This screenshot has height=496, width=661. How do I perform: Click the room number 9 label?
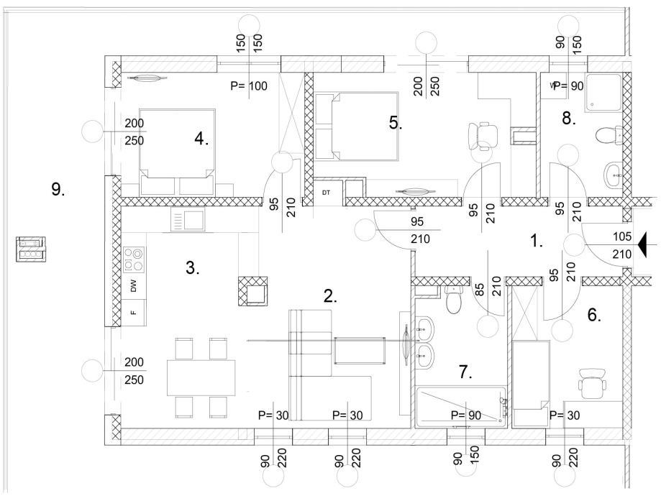click(x=58, y=190)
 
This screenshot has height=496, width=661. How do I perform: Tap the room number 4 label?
click(x=201, y=139)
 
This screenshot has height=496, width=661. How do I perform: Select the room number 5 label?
click(x=396, y=122)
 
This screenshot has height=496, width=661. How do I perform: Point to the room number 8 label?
click(x=569, y=119)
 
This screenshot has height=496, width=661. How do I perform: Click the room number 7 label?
click(x=465, y=372)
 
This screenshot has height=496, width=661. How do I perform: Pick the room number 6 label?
click(x=594, y=314)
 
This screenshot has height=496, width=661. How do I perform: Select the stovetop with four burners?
click(x=134, y=259)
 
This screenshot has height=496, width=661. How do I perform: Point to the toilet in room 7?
click(x=453, y=300)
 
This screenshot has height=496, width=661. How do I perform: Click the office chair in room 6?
click(x=593, y=382)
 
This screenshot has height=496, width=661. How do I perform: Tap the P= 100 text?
click(x=249, y=86)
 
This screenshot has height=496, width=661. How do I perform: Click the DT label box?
click(x=326, y=193)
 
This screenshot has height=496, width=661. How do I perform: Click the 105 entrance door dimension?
click(x=622, y=236)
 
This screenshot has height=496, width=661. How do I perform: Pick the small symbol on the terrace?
click(x=29, y=249)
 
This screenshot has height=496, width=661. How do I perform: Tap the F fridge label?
click(x=133, y=313)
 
